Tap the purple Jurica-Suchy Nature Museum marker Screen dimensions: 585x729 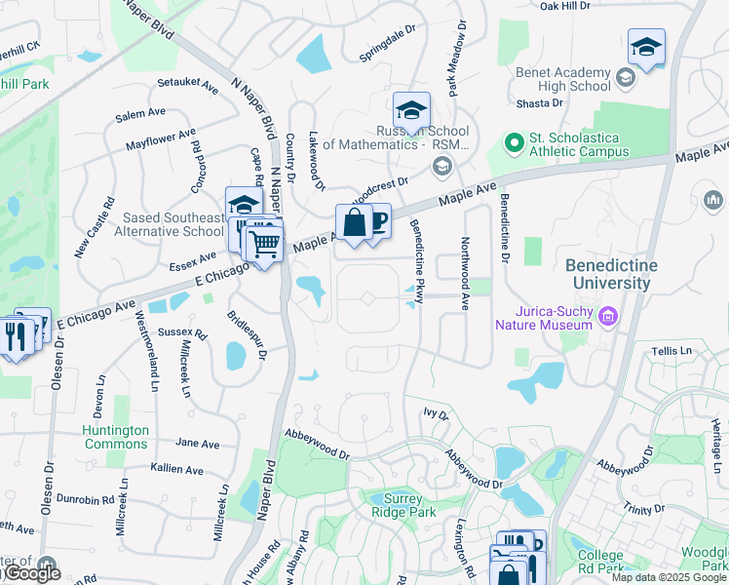click(609, 316)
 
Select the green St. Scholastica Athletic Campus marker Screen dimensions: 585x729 click(515, 143)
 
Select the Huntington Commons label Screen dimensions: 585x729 click(115, 437)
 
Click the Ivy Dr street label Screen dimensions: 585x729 click(435, 414)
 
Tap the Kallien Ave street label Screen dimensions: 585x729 click(176, 469)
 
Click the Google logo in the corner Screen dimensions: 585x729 click(31, 573)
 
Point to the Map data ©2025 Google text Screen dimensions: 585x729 click(669, 577)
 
